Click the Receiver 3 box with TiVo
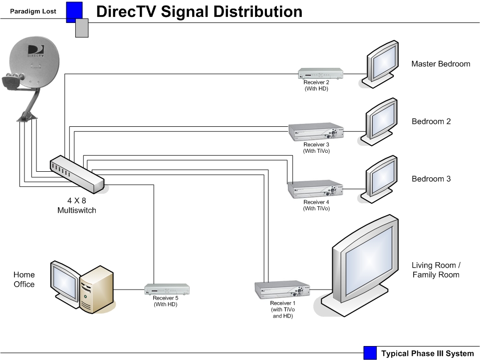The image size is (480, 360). tap(316, 132)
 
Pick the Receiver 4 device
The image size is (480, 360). tap(315, 189)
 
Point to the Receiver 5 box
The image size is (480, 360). tap(167, 289)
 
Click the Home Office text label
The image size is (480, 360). tap(24, 279)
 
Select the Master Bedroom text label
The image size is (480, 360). tap(441, 64)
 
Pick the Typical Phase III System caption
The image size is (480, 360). tap(427, 354)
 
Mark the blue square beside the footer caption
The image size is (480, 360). tap(370, 353)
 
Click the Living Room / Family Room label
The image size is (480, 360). tap(436, 270)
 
